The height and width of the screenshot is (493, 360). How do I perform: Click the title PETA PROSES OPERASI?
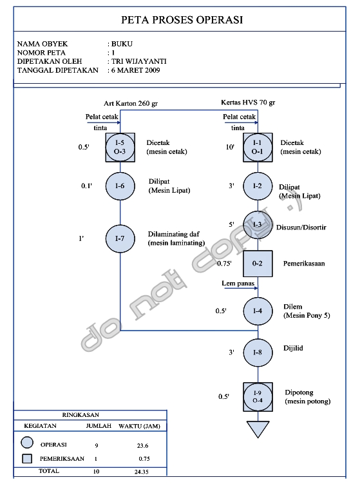click(x=182, y=20)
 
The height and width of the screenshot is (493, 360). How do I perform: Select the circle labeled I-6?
click(x=120, y=186)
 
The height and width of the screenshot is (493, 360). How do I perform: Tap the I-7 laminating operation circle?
click(x=120, y=238)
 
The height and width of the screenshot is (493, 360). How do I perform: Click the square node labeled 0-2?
click(x=258, y=264)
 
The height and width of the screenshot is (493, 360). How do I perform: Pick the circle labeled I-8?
click(x=258, y=353)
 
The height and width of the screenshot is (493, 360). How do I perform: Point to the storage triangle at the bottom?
click(x=258, y=429)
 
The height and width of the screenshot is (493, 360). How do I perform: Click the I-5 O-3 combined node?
click(x=120, y=147)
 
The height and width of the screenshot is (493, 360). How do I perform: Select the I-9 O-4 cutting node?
click(x=258, y=397)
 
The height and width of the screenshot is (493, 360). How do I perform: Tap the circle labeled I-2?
click(x=258, y=186)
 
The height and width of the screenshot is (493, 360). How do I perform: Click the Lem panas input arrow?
click(x=241, y=287)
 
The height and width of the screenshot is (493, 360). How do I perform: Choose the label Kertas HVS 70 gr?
click(x=248, y=102)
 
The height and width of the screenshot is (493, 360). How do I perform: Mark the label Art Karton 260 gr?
click(x=131, y=104)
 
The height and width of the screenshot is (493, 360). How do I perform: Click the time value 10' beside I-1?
click(x=230, y=147)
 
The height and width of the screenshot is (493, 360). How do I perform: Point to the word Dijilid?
click(x=293, y=348)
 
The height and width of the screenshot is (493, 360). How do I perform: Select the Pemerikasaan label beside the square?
click(x=304, y=264)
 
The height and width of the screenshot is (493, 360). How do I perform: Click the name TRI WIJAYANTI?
click(x=139, y=61)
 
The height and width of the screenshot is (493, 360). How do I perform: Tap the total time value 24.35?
click(x=142, y=472)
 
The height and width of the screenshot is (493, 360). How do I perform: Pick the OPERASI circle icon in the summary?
click(x=27, y=443)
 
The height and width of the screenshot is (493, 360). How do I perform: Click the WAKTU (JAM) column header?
click(x=139, y=427)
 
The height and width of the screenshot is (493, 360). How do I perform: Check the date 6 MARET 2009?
click(x=136, y=70)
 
